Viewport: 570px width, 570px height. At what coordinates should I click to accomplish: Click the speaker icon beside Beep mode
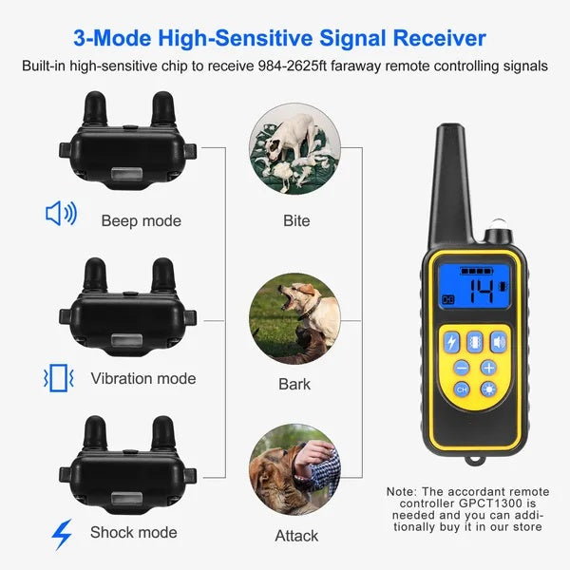(x=61, y=214)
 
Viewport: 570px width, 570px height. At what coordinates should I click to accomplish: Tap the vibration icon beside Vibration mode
(x=59, y=378)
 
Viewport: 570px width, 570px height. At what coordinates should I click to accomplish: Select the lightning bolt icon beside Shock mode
(x=61, y=535)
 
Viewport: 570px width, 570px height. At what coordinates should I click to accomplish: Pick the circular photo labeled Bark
(x=294, y=319)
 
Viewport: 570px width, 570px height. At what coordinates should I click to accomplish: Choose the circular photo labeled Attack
(x=294, y=471)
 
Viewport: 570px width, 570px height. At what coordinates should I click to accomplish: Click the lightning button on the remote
(x=450, y=341)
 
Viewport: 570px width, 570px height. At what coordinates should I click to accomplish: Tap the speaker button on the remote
(x=499, y=341)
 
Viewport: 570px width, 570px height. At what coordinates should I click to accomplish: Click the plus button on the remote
(x=488, y=368)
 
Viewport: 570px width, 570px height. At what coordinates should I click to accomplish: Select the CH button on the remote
(x=462, y=390)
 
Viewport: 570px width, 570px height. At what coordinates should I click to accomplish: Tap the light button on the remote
(x=488, y=390)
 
